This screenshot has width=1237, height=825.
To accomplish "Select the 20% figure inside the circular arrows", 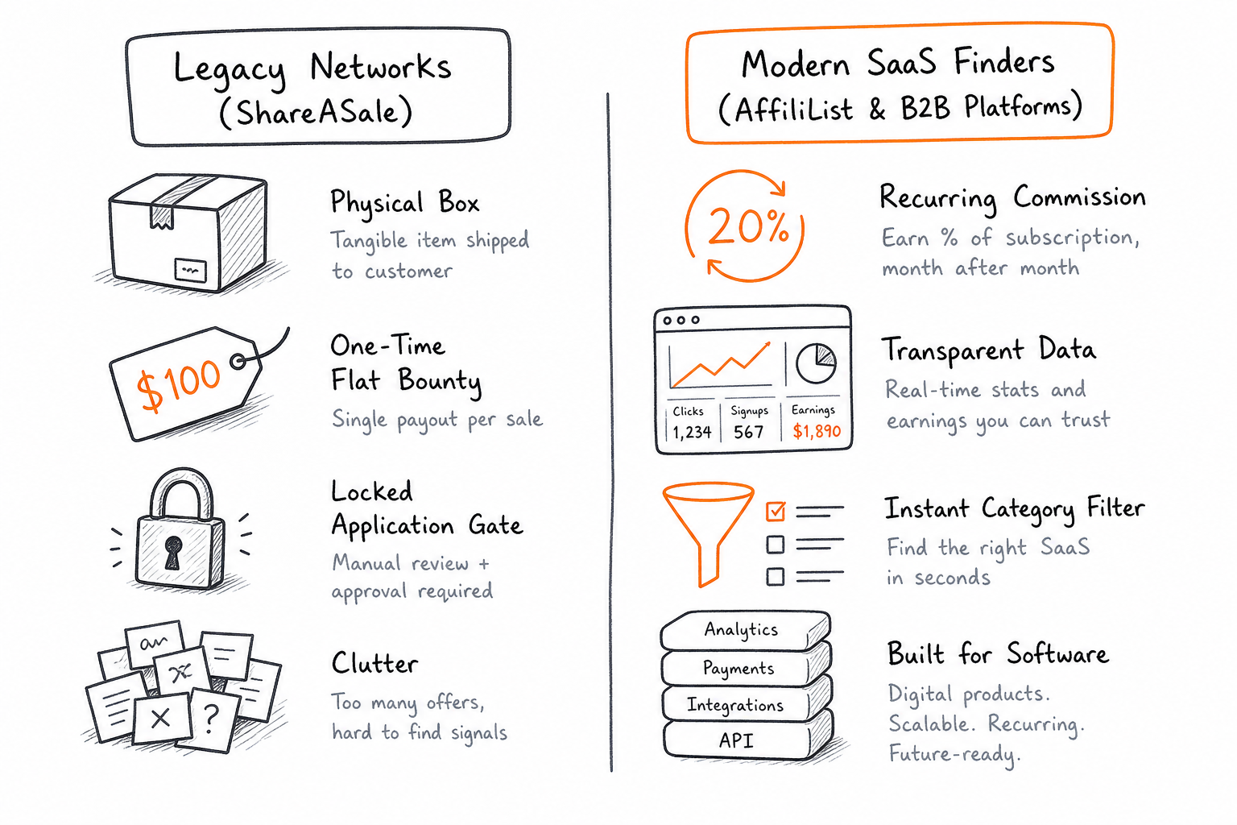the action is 747,227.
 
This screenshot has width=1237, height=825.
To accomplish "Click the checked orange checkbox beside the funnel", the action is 776,511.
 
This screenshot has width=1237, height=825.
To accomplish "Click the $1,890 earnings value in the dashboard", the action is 817,431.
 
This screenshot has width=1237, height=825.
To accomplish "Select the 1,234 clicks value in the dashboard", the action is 692,432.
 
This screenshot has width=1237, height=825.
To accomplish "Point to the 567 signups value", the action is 748,432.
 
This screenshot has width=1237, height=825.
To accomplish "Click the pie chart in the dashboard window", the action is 816,363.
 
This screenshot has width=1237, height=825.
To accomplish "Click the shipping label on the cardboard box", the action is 190,270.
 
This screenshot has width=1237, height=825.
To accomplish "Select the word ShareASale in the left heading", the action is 316,112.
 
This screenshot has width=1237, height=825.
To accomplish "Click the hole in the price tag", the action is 238,362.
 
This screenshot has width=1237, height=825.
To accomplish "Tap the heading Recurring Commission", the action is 1012,199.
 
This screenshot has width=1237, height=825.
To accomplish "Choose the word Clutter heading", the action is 375,663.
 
